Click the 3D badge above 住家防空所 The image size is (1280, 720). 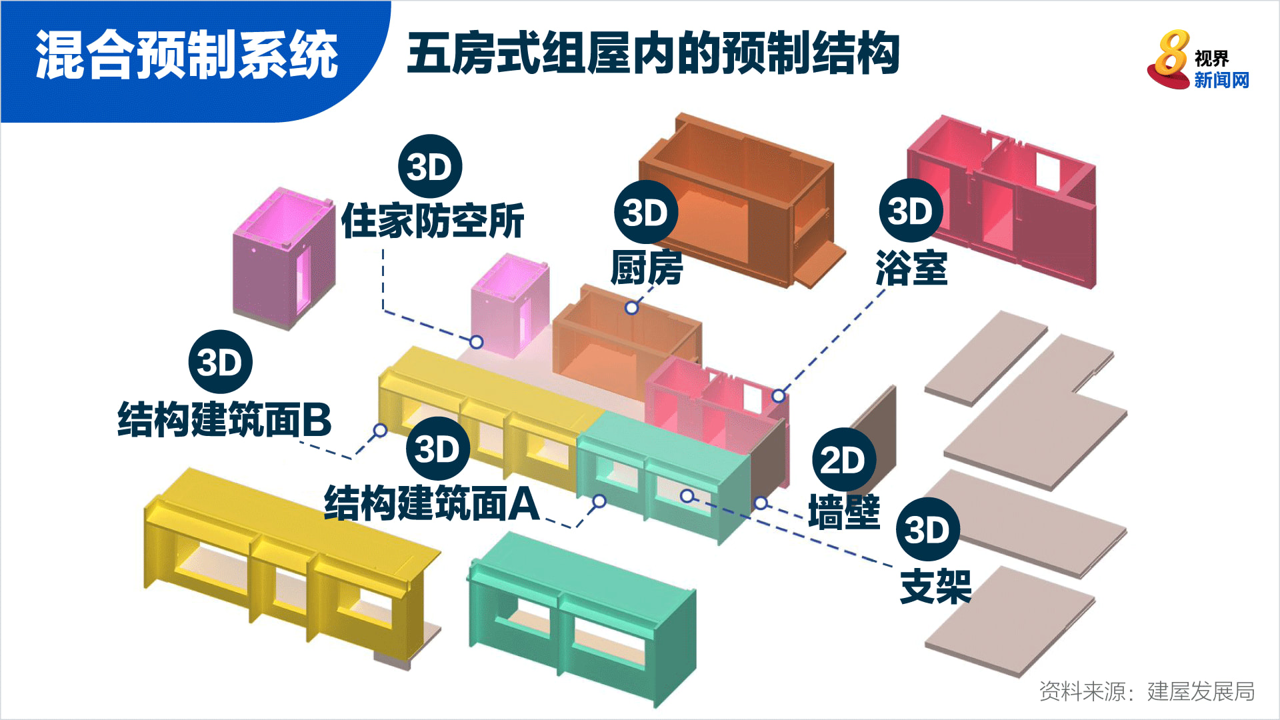[430, 167]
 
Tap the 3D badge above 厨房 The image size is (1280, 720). [646, 212]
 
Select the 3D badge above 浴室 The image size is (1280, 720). [911, 211]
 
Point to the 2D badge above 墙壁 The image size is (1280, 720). [844, 460]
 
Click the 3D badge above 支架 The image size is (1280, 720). [928, 529]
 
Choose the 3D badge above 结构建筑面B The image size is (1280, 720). [221, 362]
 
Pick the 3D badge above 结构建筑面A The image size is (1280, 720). [438, 449]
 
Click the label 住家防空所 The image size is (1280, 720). [433, 221]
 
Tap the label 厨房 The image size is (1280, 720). [647, 268]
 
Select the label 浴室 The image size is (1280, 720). [911, 268]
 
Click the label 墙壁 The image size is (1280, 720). [844, 512]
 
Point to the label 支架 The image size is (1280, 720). [935, 587]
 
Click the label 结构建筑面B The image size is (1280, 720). [225, 419]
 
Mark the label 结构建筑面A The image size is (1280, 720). [432, 503]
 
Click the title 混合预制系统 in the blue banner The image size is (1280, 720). [187, 55]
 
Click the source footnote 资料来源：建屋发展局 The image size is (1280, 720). [1147, 691]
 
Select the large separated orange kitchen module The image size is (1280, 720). [741, 200]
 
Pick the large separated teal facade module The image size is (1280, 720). [581, 617]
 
